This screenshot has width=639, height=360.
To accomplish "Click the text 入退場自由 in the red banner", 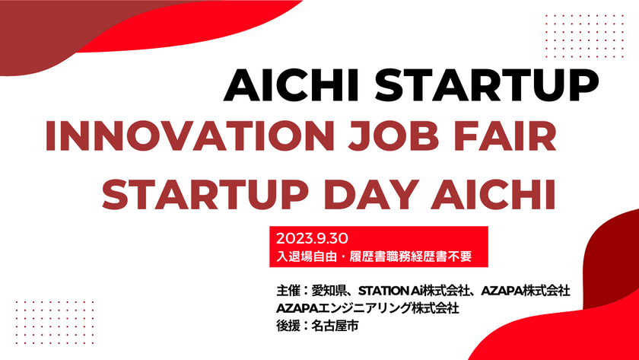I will (x=305, y=256).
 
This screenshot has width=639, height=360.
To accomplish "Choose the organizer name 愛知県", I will (x=330, y=292).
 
